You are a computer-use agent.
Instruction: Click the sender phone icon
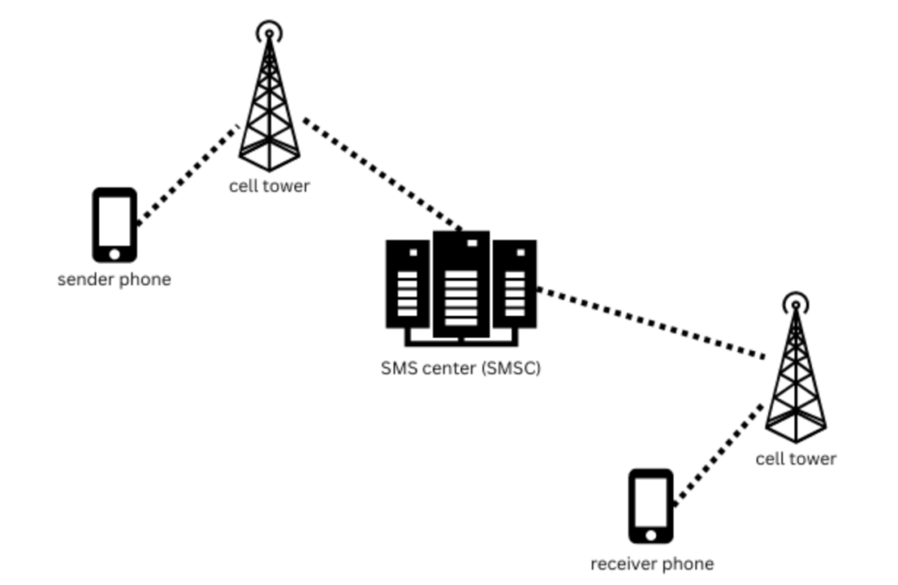click(x=115, y=225)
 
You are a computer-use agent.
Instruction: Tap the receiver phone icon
click(x=651, y=506)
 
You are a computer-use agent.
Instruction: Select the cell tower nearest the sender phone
click(x=269, y=101)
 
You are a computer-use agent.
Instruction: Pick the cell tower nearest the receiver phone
click(x=795, y=373)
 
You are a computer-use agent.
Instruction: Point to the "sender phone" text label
click(x=114, y=281)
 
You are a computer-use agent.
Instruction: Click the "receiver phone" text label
click(x=652, y=564)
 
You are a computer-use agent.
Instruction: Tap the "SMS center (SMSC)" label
click(x=460, y=368)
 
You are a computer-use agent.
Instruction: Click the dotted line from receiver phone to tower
click(x=717, y=454)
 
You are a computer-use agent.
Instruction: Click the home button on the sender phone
click(x=115, y=253)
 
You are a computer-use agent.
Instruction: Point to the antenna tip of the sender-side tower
click(x=269, y=34)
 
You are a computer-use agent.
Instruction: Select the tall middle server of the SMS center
click(x=461, y=282)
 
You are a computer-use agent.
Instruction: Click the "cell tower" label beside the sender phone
click(x=269, y=186)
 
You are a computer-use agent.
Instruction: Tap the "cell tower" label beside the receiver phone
click(x=795, y=459)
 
